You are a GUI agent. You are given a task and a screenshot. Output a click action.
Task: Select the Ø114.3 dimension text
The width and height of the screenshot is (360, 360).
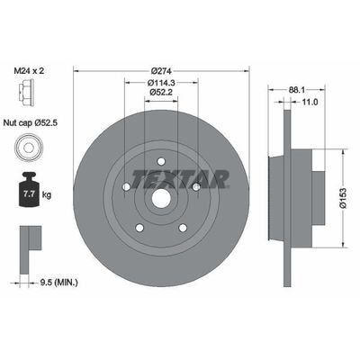point(161,82)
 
